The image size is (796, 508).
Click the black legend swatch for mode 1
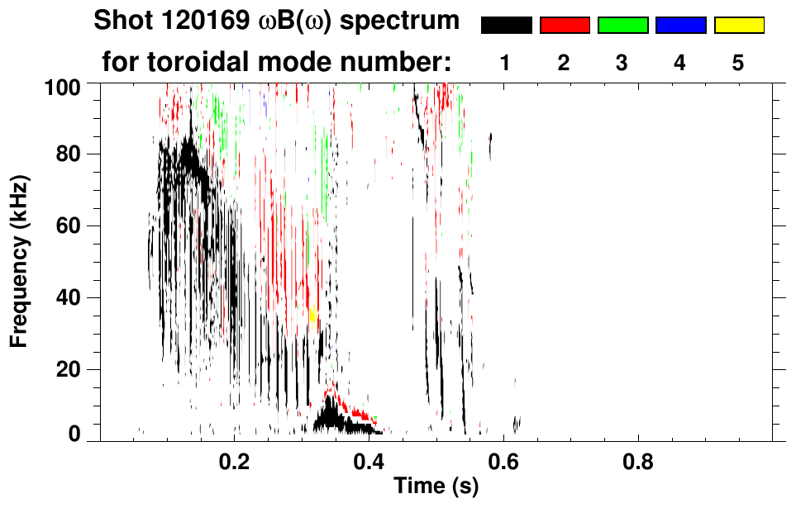pyautogui.click(x=507, y=26)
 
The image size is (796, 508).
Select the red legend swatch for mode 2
pyautogui.click(x=565, y=26)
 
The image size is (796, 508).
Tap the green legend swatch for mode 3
pyautogui.click(x=622, y=26)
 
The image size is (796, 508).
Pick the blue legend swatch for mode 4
pyautogui.click(x=680, y=26)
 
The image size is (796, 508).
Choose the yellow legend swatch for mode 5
pyautogui.click(x=738, y=26)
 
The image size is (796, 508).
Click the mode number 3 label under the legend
pyautogui.click(x=622, y=64)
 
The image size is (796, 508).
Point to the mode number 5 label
pyautogui.click(x=738, y=64)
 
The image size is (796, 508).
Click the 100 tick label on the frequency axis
pyautogui.click(x=62, y=84)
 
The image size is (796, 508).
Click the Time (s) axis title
pyautogui.click(x=436, y=487)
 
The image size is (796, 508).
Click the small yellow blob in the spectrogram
pyautogui.click(x=313, y=314)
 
